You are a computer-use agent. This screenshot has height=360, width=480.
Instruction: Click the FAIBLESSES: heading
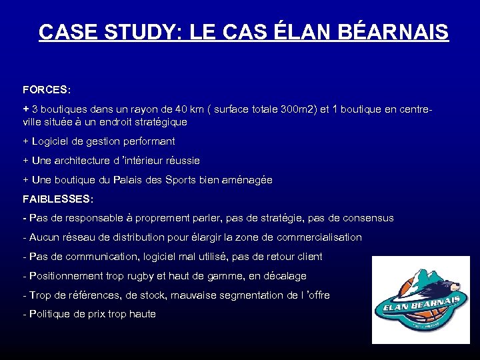[58, 199]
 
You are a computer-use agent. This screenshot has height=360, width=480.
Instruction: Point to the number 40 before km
[184, 108]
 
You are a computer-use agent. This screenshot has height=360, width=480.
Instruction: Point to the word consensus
[366, 218]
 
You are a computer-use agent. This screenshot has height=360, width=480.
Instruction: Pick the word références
[88, 295]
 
